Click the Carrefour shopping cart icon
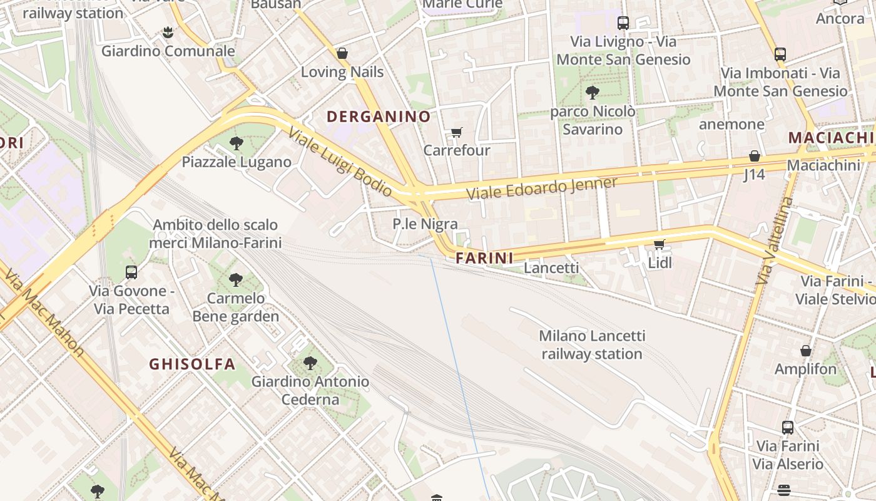point(456,132)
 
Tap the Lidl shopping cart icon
point(659,244)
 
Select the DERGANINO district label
point(379,116)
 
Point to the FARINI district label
point(484,258)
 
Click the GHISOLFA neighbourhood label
point(192,364)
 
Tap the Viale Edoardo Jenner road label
point(542,187)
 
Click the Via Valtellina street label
point(774,241)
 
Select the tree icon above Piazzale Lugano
point(236,143)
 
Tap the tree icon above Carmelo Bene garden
point(235,279)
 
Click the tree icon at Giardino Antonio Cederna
point(310,363)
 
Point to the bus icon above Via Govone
point(131,272)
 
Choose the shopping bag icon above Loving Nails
point(342,53)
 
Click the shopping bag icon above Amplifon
point(805,351)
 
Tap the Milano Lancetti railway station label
point(591,344)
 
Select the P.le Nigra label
point(425,224)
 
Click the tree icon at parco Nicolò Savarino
point(592,93)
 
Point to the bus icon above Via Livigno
point(623,23)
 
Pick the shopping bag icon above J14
point(754,156)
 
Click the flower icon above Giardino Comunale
point(168,32)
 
